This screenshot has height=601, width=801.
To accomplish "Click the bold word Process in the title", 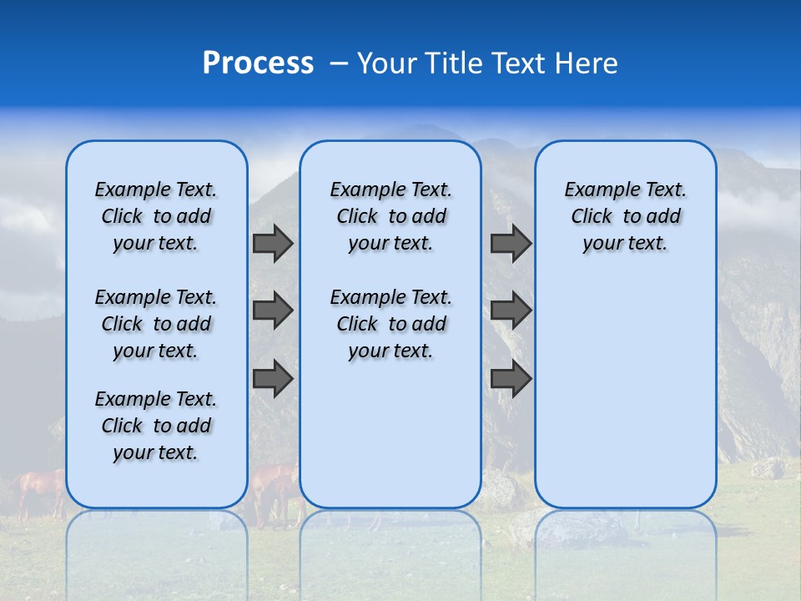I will (258, 63).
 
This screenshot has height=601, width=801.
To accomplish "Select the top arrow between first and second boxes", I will (272, 243).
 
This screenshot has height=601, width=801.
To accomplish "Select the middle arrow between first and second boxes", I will (272, 311).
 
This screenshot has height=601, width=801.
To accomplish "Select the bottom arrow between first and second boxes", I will (272, 379).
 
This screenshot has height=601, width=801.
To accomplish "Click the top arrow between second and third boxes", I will (511, 243).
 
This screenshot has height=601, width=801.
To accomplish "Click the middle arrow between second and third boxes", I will (511, 311).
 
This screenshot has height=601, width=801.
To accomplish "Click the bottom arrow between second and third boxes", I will (511, 379).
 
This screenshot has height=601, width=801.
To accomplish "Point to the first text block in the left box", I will (156, 216).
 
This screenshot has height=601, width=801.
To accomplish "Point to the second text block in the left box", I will (156, 324).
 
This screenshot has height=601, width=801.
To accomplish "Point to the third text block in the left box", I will (156, 426).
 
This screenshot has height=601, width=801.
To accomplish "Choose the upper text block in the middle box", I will (391, 216).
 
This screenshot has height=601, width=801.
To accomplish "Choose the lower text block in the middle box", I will (391, 324).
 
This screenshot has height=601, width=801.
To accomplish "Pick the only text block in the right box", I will (626, 216).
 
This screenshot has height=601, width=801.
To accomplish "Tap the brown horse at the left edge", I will (40, 488).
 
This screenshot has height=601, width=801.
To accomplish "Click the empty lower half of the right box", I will (626, 401).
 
